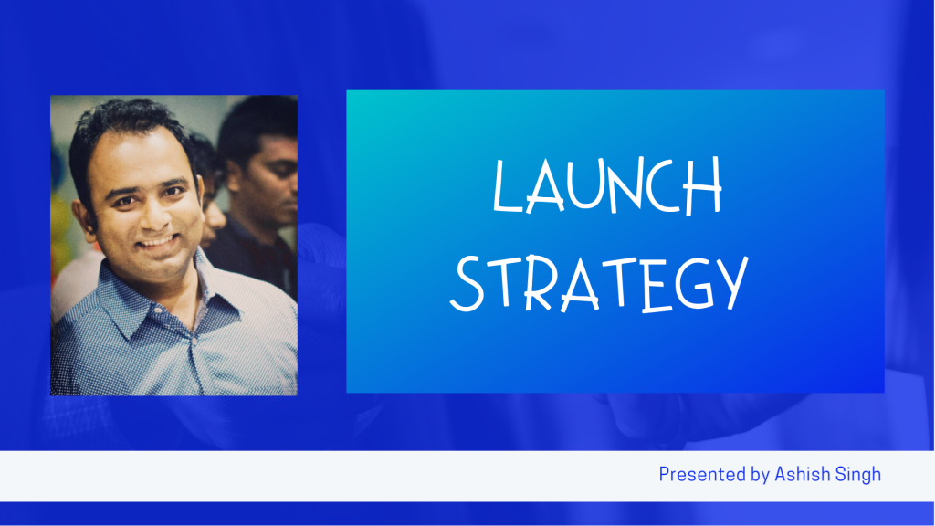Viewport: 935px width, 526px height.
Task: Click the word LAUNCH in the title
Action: [607, 185]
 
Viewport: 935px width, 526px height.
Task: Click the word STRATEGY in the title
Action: [599, 284]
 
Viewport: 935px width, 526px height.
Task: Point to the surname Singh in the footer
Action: [858, 475]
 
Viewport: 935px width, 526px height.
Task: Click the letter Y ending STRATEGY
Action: [732, 283]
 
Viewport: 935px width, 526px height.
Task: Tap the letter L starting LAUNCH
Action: [506, 185]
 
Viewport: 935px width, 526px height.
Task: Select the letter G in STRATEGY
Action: [695, 284]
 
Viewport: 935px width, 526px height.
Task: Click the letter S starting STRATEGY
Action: [467, 284]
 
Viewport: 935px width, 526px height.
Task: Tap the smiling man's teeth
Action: [157, 241]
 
